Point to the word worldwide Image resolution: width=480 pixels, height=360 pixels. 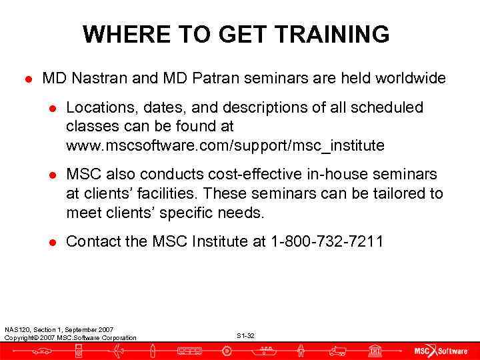coord(411,79)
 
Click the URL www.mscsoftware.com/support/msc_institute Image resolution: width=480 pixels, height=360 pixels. coord(225,145)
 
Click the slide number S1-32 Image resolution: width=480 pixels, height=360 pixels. coord(245,335)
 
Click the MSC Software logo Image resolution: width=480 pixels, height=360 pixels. coord(439,351)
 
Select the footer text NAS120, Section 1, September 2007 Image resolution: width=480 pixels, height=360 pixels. coord(59,329)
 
